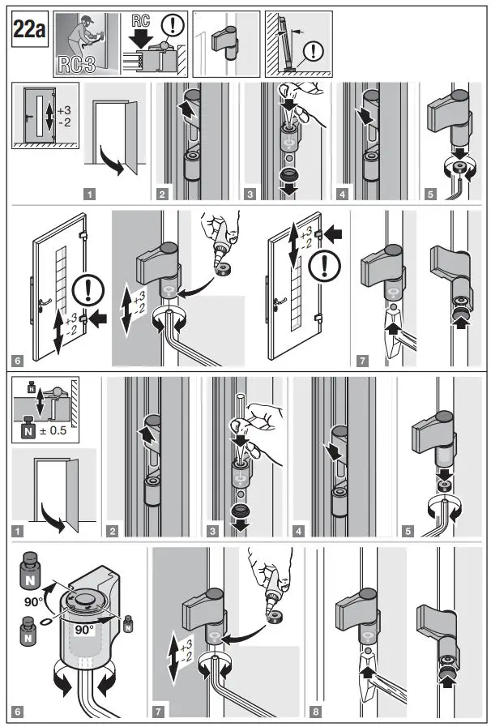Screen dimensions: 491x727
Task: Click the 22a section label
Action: tap(30, 29)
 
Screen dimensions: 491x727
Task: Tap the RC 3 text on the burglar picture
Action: tap(76, 65)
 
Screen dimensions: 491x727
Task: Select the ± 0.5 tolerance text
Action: tap(52, 430)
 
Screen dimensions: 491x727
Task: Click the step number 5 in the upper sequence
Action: tap(430, 195)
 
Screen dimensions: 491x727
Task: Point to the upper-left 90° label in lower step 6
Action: tap(34, 602)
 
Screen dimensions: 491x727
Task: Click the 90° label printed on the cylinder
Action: tap(84, 630)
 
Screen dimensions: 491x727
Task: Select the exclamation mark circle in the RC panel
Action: tap(173, 25)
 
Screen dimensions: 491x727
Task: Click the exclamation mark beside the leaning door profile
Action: tap(314, 51)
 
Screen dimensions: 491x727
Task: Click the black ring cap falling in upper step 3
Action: tap(290, 175)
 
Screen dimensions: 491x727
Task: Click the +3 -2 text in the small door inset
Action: tap(65, 117)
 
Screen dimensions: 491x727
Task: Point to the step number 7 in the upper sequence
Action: tap(362, 360)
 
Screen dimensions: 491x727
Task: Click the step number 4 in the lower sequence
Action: tap(299, 531)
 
